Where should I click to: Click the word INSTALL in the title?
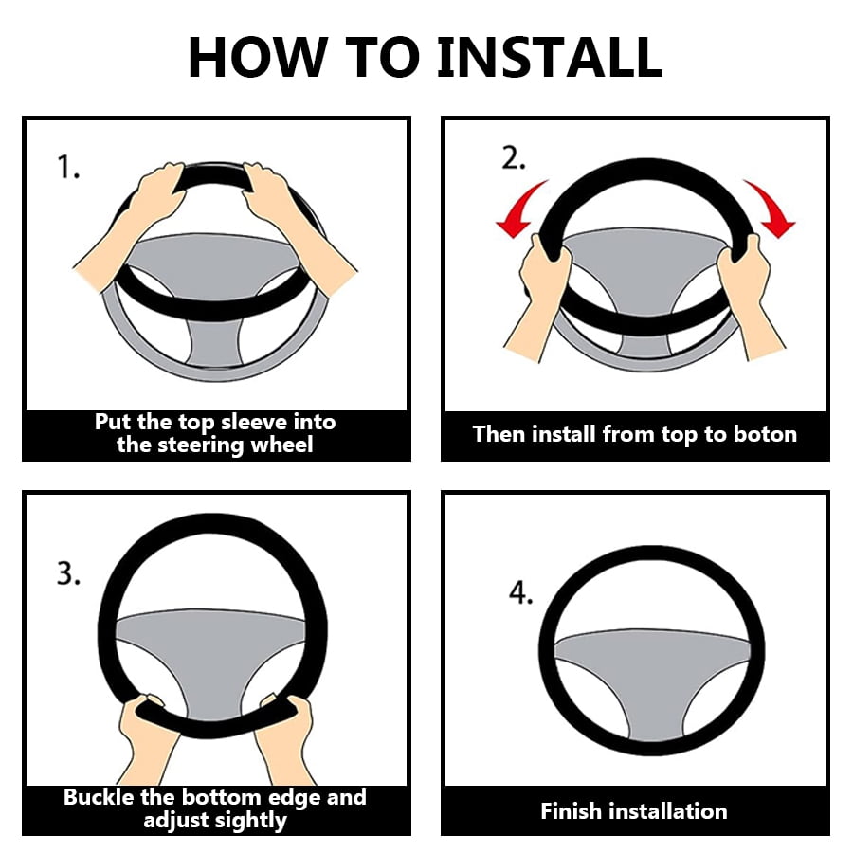coord(550,57)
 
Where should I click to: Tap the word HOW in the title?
coord(257,57)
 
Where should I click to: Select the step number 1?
coord(68,167)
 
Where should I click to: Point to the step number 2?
coord(513,158)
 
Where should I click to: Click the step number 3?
coord(68,573)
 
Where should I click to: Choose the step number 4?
coord(520,592)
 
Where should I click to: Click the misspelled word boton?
coord(765,434)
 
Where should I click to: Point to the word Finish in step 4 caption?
coord(572,811)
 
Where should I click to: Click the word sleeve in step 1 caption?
coord(255,422)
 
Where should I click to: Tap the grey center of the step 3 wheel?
coord(212,653)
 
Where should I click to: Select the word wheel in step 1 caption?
coord(281,445)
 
